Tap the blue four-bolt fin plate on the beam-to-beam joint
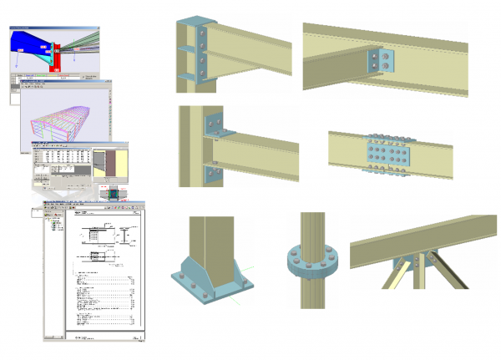[380, 59]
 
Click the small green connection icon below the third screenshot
[114, 193]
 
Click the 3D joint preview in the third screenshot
[107, 167]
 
